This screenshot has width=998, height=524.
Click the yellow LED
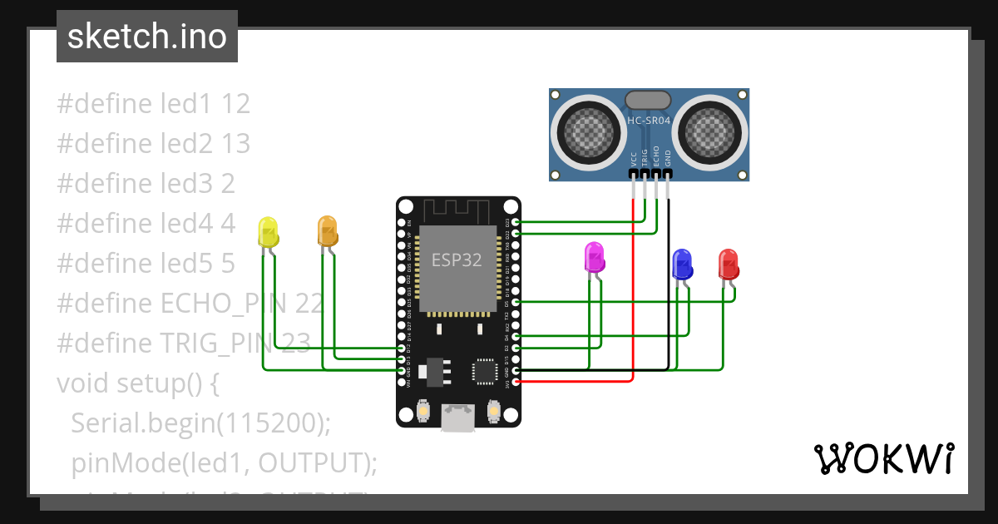[x=267, y=232]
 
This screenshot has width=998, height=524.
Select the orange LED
[x=327, y=230]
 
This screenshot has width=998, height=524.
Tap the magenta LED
[x=594, y=257]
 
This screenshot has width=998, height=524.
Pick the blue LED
[x=682, y=264]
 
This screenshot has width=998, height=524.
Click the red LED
[x=729, y=264]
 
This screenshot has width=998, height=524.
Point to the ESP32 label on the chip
[x=456, y=260]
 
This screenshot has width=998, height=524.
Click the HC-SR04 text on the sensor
[x=649, y=121]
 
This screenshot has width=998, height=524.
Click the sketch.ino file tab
[x=147, y=37]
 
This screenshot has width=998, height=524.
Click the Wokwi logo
[x=882, y=458]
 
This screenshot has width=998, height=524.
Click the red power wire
[x=634, y=316]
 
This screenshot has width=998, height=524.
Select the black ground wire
[x=669, y=316]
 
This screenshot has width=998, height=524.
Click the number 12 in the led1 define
[x=236, y=104]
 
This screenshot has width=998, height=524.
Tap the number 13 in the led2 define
[x=236, y=144]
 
